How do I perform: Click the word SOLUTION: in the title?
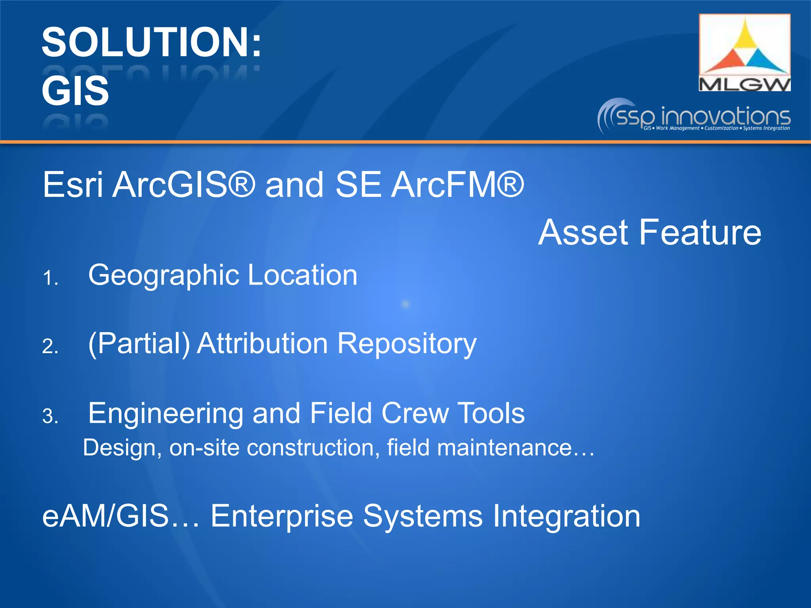pyautogui.click(x=151, y=42)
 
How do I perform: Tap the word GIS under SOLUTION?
pyautogui.click(x=75, y=91)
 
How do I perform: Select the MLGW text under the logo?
pyautogui.click(x=744, y=84)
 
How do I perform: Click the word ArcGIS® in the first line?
pyautogui.click(x=184, y=184)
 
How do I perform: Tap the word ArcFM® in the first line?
pyautogui.click(x=457, y=184)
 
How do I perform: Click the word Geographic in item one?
pyautogui.click(x=164, y=275)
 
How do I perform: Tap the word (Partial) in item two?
pyautogui.click(x=139, y=344)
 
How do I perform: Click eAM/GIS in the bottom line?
pyautogui.click(x=106, y=516)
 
